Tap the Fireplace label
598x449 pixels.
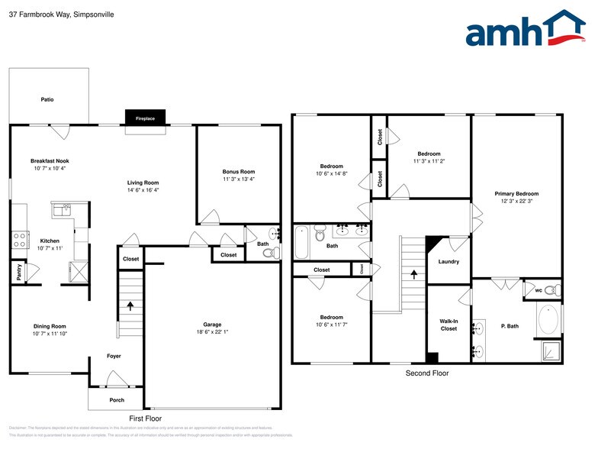145,119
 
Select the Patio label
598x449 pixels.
47,99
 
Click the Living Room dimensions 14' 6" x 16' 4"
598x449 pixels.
143,190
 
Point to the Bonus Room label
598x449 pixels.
238,172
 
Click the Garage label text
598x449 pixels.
212,325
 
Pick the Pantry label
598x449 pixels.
18,271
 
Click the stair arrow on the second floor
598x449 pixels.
414,273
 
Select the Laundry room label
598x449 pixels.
448,262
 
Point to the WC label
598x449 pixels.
539,290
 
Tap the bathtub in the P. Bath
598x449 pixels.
547,320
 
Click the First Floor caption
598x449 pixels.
145,418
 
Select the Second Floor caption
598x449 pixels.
427,373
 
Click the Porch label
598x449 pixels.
116,399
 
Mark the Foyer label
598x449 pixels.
114,356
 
